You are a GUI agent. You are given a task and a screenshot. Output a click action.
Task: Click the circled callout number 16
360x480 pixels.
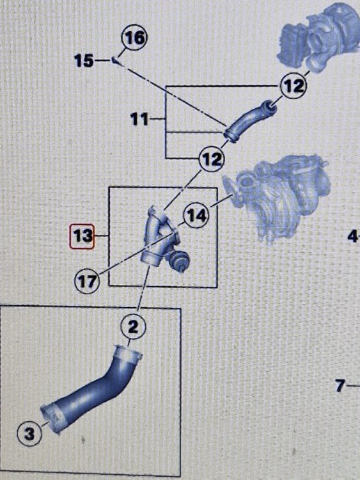click(x=134, y=38)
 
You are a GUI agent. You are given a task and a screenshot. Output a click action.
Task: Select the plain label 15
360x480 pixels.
click(x=84, y=61)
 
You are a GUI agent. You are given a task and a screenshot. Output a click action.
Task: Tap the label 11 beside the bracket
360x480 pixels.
click(x=139, y=119)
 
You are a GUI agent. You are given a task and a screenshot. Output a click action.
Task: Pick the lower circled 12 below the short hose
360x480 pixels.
click(x=212, y=159)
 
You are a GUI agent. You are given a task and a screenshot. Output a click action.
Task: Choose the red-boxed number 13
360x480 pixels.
click(x=82, y=236)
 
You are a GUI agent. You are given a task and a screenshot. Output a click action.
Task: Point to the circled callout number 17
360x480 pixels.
click(x=87, y=281)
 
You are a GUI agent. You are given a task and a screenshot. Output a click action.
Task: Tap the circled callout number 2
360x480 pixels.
click(x=134, y=327)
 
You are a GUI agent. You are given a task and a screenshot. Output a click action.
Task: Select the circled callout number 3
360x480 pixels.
click(x=29, y=434)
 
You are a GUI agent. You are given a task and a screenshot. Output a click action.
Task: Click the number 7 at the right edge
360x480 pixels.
click(x=340, y=385)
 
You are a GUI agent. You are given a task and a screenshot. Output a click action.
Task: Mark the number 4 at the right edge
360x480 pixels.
click(x=352, y=236)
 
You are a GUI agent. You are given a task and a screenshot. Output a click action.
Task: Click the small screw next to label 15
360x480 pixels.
click(x=116, y=60)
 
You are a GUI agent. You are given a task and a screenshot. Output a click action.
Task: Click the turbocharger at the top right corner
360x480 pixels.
click(x=318, y=36)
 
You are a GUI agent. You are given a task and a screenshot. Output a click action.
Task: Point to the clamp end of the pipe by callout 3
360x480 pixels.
click(x=52, y=418)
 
